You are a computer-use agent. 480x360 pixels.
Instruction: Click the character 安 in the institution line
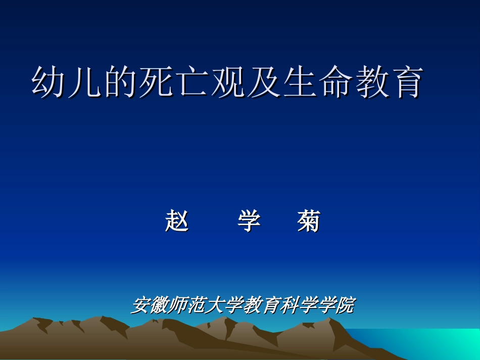pyautogui.click(x=141, y=305)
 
